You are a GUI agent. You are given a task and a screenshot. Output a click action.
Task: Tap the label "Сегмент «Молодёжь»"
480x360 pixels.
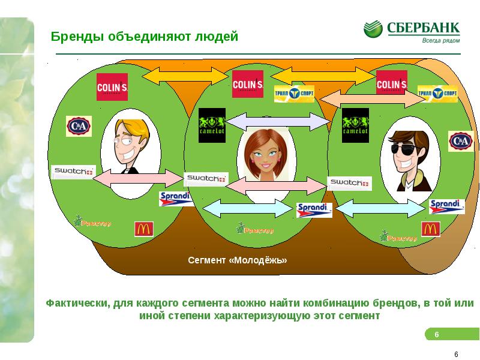click(238, 260)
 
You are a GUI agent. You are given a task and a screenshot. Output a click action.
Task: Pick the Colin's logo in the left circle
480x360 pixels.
click(112, 87)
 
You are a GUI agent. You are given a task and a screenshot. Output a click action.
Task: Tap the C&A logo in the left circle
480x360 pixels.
click(78, 126)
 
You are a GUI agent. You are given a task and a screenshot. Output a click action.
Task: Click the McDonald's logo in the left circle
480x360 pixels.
click(143, 229)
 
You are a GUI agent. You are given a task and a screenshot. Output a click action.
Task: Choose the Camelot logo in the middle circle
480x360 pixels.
click(212, 125)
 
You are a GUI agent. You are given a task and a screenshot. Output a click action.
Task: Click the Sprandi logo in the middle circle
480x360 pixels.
click(314, 210)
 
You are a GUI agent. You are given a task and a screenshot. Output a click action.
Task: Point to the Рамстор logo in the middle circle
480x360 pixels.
click(255, 229)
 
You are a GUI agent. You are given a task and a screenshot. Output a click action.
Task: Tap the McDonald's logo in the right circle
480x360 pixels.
click(430, 229)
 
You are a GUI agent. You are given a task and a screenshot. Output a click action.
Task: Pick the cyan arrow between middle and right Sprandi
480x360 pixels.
click(382, 209)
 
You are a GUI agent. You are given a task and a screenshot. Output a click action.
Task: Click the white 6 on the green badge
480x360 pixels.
click(437, 334)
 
